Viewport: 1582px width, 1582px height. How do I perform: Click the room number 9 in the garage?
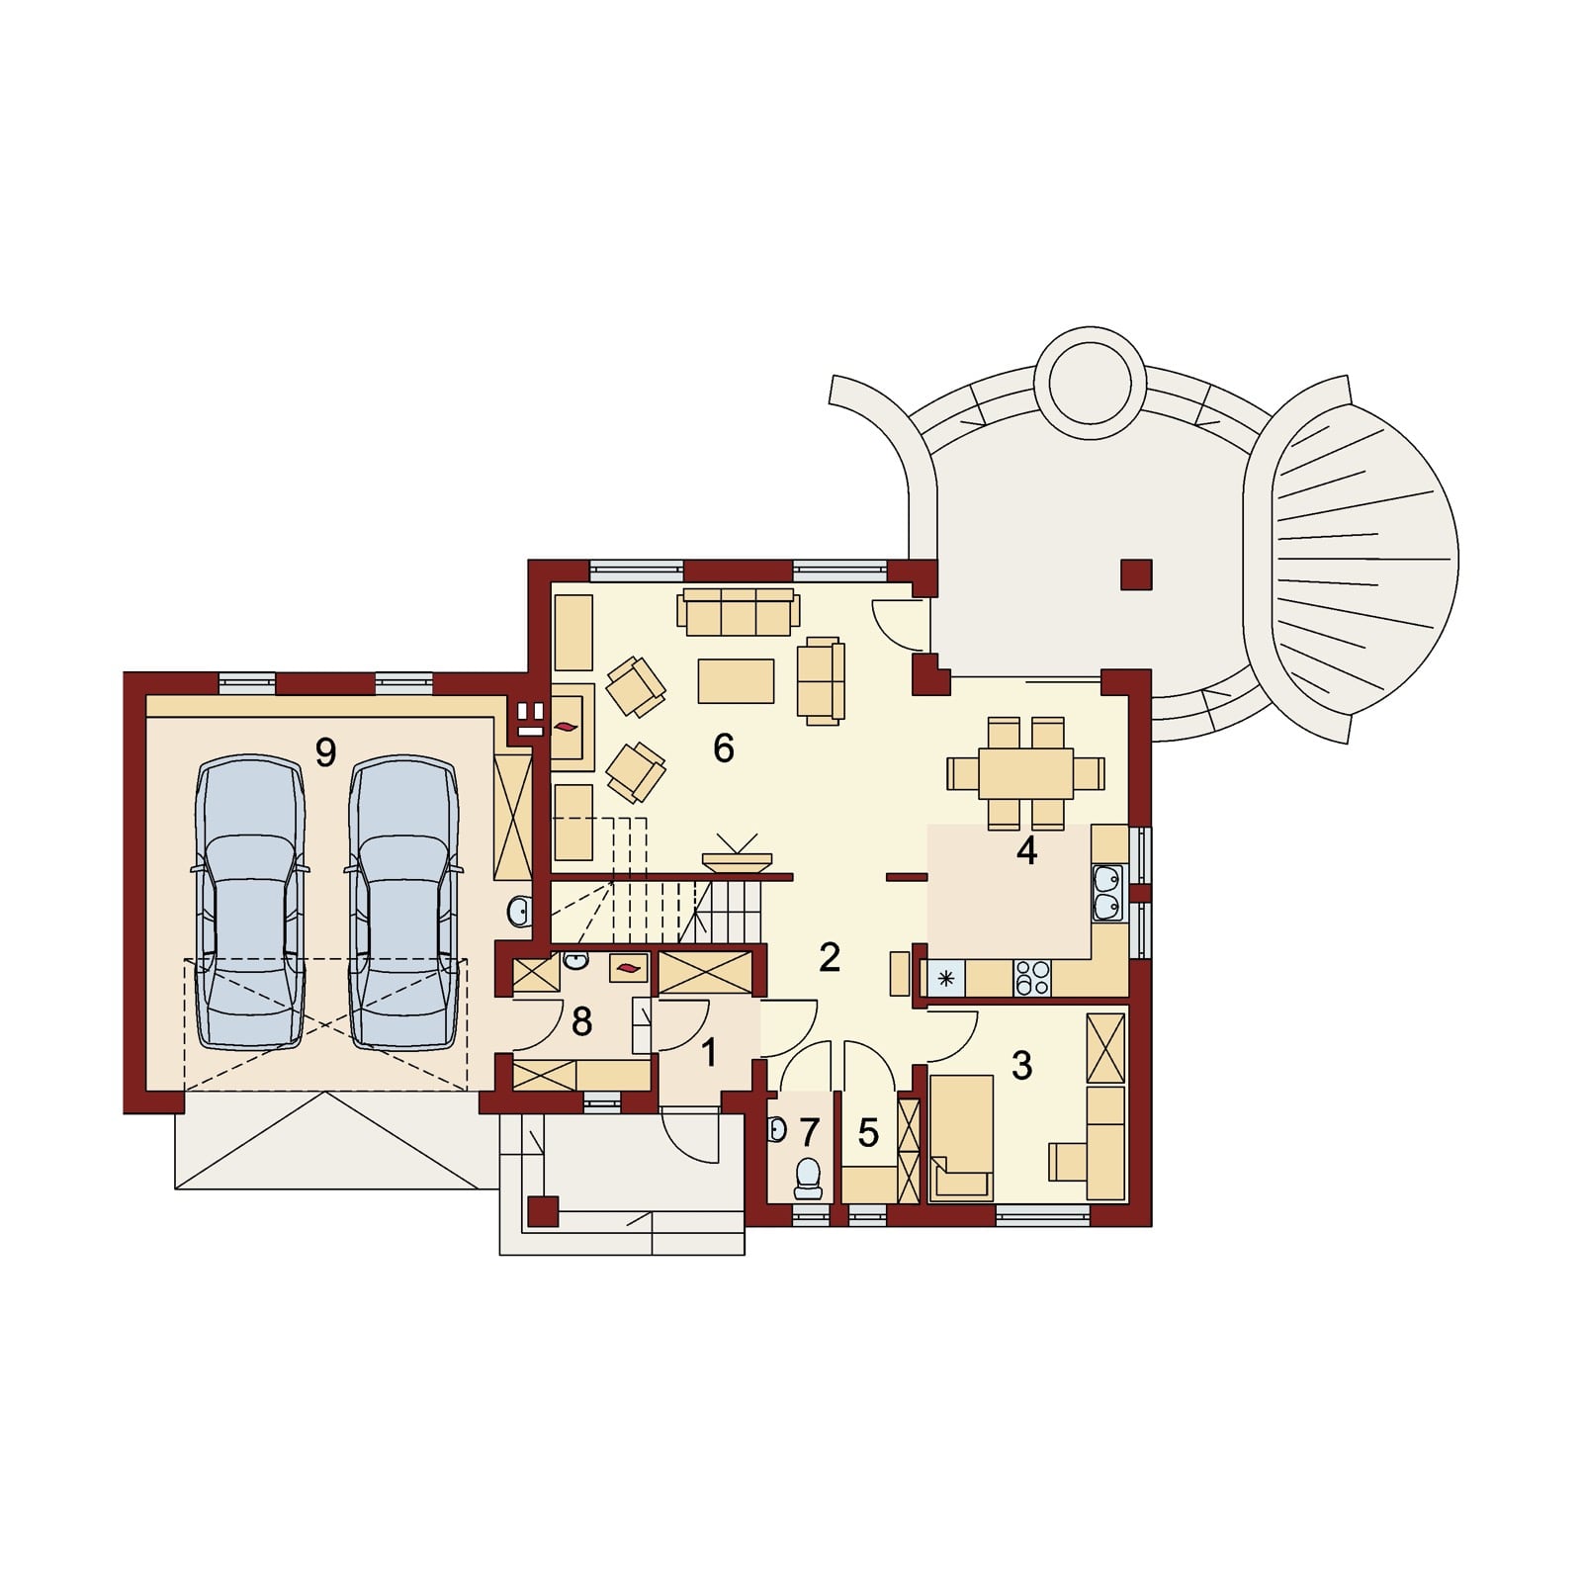coord(325,753)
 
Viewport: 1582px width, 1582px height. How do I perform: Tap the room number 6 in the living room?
coord(724,748)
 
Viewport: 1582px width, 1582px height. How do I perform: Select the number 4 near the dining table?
coord(1027,850)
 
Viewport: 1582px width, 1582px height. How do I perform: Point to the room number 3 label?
coord(1021,1065)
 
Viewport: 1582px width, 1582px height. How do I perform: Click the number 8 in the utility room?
coord(581,1021)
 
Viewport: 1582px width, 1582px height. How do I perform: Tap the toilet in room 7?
coord(808,1178)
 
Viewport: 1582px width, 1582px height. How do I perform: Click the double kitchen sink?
coord(1108,893)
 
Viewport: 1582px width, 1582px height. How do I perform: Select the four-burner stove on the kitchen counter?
coord(1032,979)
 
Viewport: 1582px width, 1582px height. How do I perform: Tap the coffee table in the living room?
coord(736,681)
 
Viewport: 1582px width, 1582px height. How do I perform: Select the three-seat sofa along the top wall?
coord(738,613)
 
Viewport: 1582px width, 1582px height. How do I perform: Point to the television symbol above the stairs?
coord(737,853)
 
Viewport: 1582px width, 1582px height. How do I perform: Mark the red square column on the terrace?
coord(1136,574)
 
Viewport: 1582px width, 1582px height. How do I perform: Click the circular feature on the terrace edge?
coord(1090,383)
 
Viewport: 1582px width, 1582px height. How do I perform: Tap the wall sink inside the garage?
coord(520,912)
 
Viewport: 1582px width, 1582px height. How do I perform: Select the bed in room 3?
coord(961,1137)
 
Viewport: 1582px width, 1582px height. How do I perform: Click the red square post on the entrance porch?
coord(543,1211)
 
